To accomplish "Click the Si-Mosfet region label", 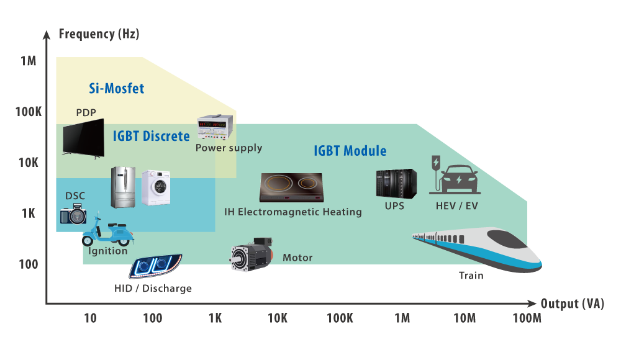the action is [117, 88].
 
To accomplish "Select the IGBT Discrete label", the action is [152, 136].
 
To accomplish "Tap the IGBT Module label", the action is [350, 151].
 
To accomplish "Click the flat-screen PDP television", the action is [84, 138].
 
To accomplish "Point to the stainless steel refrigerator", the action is [123, 187].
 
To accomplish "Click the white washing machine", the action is [156, 187].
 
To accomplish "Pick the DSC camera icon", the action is [73, 214].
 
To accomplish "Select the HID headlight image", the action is [156, 266].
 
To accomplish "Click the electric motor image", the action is [252, 254].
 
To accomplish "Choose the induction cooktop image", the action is [291, 187].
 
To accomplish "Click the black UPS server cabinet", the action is [396, 184].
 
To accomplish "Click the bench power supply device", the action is [215, 127].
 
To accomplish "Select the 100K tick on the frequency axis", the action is [29, 112].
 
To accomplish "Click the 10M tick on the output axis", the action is [465, 318].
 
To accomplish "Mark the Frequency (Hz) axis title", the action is [99, 34].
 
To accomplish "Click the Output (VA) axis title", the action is [573, 304].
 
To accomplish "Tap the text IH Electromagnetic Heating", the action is [293, 212].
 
